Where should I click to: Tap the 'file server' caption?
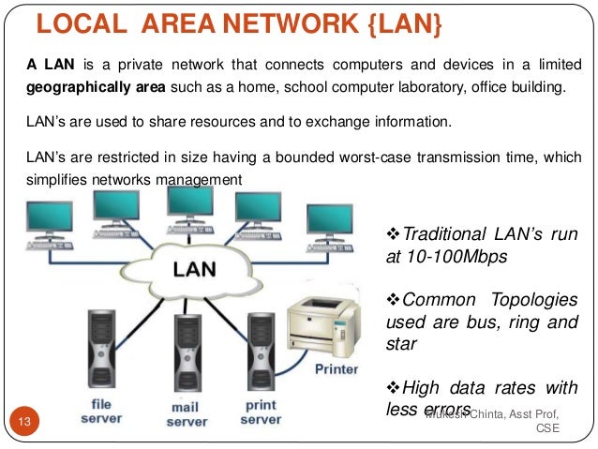point(101,411)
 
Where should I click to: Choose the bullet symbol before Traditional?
point(394,233)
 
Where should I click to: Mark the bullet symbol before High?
point(394,389)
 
